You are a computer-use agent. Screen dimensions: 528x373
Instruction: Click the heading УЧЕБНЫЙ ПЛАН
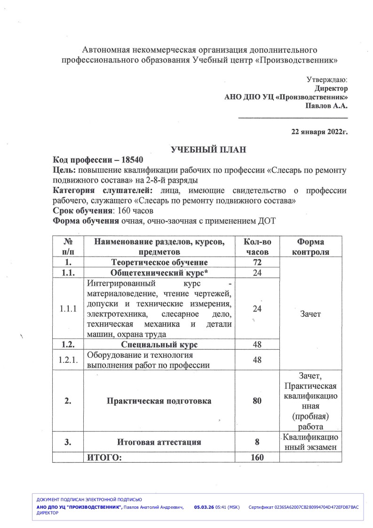[x=208, y=150]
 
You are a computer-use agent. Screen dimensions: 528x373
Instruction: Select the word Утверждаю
[x=327, y=80]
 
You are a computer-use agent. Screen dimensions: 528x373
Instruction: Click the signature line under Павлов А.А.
[x=293, y=117]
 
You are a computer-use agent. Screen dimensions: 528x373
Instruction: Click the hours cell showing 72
[x=257, y=262]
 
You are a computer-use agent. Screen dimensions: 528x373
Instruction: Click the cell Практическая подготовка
[x=159, y=401]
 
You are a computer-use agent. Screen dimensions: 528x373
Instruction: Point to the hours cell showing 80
[x=257, y=401]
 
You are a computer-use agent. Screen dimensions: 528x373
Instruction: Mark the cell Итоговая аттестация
[x=159, y=442]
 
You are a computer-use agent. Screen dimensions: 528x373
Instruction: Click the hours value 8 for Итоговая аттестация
[x=257, y=442]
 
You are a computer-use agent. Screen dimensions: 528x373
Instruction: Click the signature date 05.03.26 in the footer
[x=204, y=507]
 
